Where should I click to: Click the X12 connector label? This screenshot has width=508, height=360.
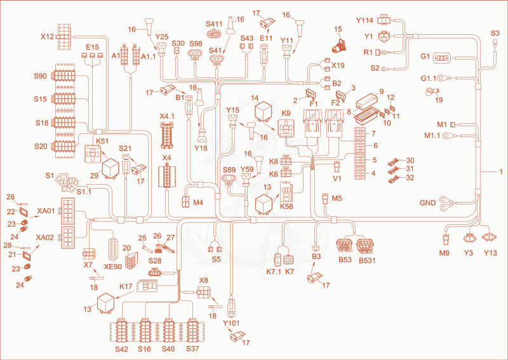click(47, 37)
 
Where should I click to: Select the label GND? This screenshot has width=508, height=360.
click(427, 203)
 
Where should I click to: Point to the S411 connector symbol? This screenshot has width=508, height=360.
click(214, 34)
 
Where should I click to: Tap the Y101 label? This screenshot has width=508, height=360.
click(231, 323)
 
